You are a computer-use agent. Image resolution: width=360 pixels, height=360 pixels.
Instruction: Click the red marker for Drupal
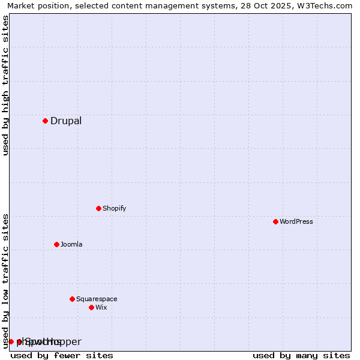tap(45, 121)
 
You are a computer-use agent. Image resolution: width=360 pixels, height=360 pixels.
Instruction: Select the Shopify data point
tap(98, 208)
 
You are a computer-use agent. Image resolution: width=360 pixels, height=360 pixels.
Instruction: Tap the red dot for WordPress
tap(275, 221)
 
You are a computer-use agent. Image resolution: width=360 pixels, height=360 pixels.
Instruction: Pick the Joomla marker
tap(56, 244)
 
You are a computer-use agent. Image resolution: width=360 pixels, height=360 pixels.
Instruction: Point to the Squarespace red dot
tap(72, 299)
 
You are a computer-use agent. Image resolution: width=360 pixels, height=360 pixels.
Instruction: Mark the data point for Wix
tap(91, 307)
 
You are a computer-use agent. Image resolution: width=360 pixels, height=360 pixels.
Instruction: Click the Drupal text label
tap(66, 121)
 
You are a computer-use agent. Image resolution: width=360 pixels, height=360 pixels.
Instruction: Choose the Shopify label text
tap(114, 208)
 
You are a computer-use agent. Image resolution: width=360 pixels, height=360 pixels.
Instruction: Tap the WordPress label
tap(296, 221)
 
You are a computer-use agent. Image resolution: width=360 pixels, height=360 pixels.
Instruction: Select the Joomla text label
tap(71, 244)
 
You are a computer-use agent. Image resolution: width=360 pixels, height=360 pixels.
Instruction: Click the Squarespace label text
tap(97, 299)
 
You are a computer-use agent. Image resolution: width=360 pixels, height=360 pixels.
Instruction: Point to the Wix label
tap(101, 307)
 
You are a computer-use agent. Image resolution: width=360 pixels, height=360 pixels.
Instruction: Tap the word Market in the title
tap(21, 6)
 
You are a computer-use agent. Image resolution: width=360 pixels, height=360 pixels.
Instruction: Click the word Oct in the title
tap(259, 6)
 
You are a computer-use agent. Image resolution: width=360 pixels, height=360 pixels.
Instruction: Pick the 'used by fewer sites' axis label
tap(62, 355)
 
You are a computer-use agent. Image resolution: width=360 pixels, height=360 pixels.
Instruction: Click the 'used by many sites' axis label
tap(301, 355)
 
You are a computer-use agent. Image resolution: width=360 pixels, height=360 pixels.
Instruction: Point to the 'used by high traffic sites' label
tap(6, 85)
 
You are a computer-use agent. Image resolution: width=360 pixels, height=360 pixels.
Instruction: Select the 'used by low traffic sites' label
tap(6, 280)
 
